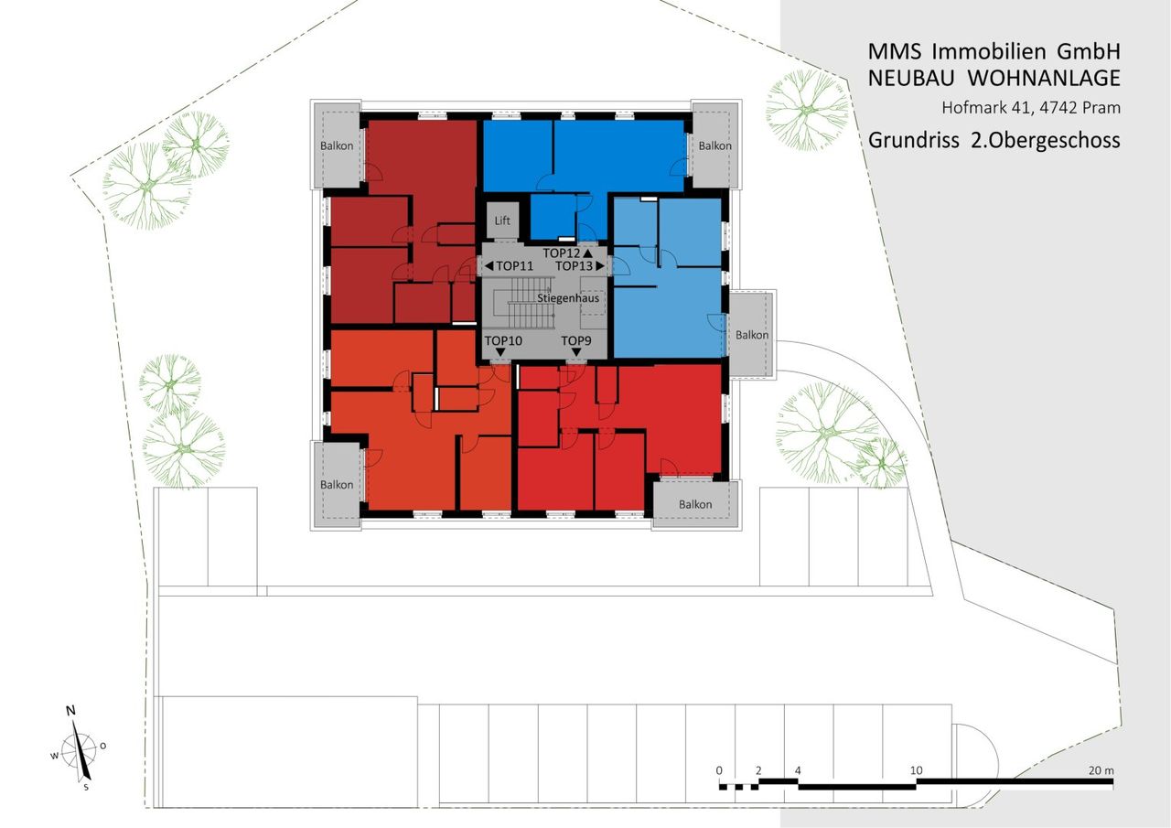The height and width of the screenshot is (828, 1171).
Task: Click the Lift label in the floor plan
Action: coord(502,220)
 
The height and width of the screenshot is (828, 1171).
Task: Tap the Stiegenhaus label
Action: coord(568,298)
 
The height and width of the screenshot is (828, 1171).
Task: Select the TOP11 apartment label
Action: coord(514,266)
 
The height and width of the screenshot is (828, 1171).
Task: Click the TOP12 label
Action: coord(562,253)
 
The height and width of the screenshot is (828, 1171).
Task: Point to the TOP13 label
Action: coord(574,266)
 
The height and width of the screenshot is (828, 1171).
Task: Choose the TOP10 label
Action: coord(503,341)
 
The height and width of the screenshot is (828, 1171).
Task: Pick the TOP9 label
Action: coord(576,341)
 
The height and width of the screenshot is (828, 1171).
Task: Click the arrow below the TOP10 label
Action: coord(500,353)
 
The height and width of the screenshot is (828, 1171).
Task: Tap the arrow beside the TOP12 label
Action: coord(587,253)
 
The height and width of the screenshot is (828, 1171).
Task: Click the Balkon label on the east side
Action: coord(752,335)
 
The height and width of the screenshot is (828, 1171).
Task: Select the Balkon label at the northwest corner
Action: coord(337,145)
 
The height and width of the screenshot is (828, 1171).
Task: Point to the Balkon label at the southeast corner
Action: coord(695,504)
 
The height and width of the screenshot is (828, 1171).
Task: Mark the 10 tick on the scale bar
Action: coord(917,770)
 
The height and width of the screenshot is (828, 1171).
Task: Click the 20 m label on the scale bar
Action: coord(1101,770)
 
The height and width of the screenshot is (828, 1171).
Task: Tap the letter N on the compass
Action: coord(70,710)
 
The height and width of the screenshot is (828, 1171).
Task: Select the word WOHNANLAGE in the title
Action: coord(1044,79)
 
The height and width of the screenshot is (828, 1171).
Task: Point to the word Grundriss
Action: coord(913,140)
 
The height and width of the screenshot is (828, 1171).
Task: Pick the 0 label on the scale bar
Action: coord(719,770)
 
